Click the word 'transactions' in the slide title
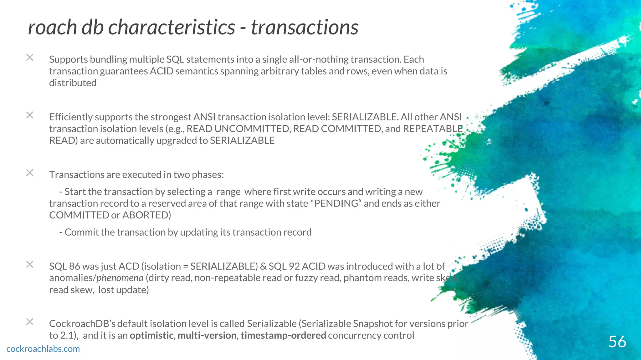coord(305,27)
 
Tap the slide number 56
coord(617,342)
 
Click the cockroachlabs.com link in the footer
coord(43,349)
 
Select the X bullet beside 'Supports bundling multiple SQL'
coord(30,57)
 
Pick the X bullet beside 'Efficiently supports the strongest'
coord(30,115)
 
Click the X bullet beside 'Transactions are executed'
coord(30,172)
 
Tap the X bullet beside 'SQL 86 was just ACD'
coord(30,264)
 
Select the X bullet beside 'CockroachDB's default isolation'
coord(30,322)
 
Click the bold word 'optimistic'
coord(151,335)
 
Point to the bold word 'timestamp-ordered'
coord(283,335)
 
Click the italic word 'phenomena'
coord(120,278)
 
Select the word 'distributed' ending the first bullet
coord(73,83)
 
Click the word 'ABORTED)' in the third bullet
coord(146,215)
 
